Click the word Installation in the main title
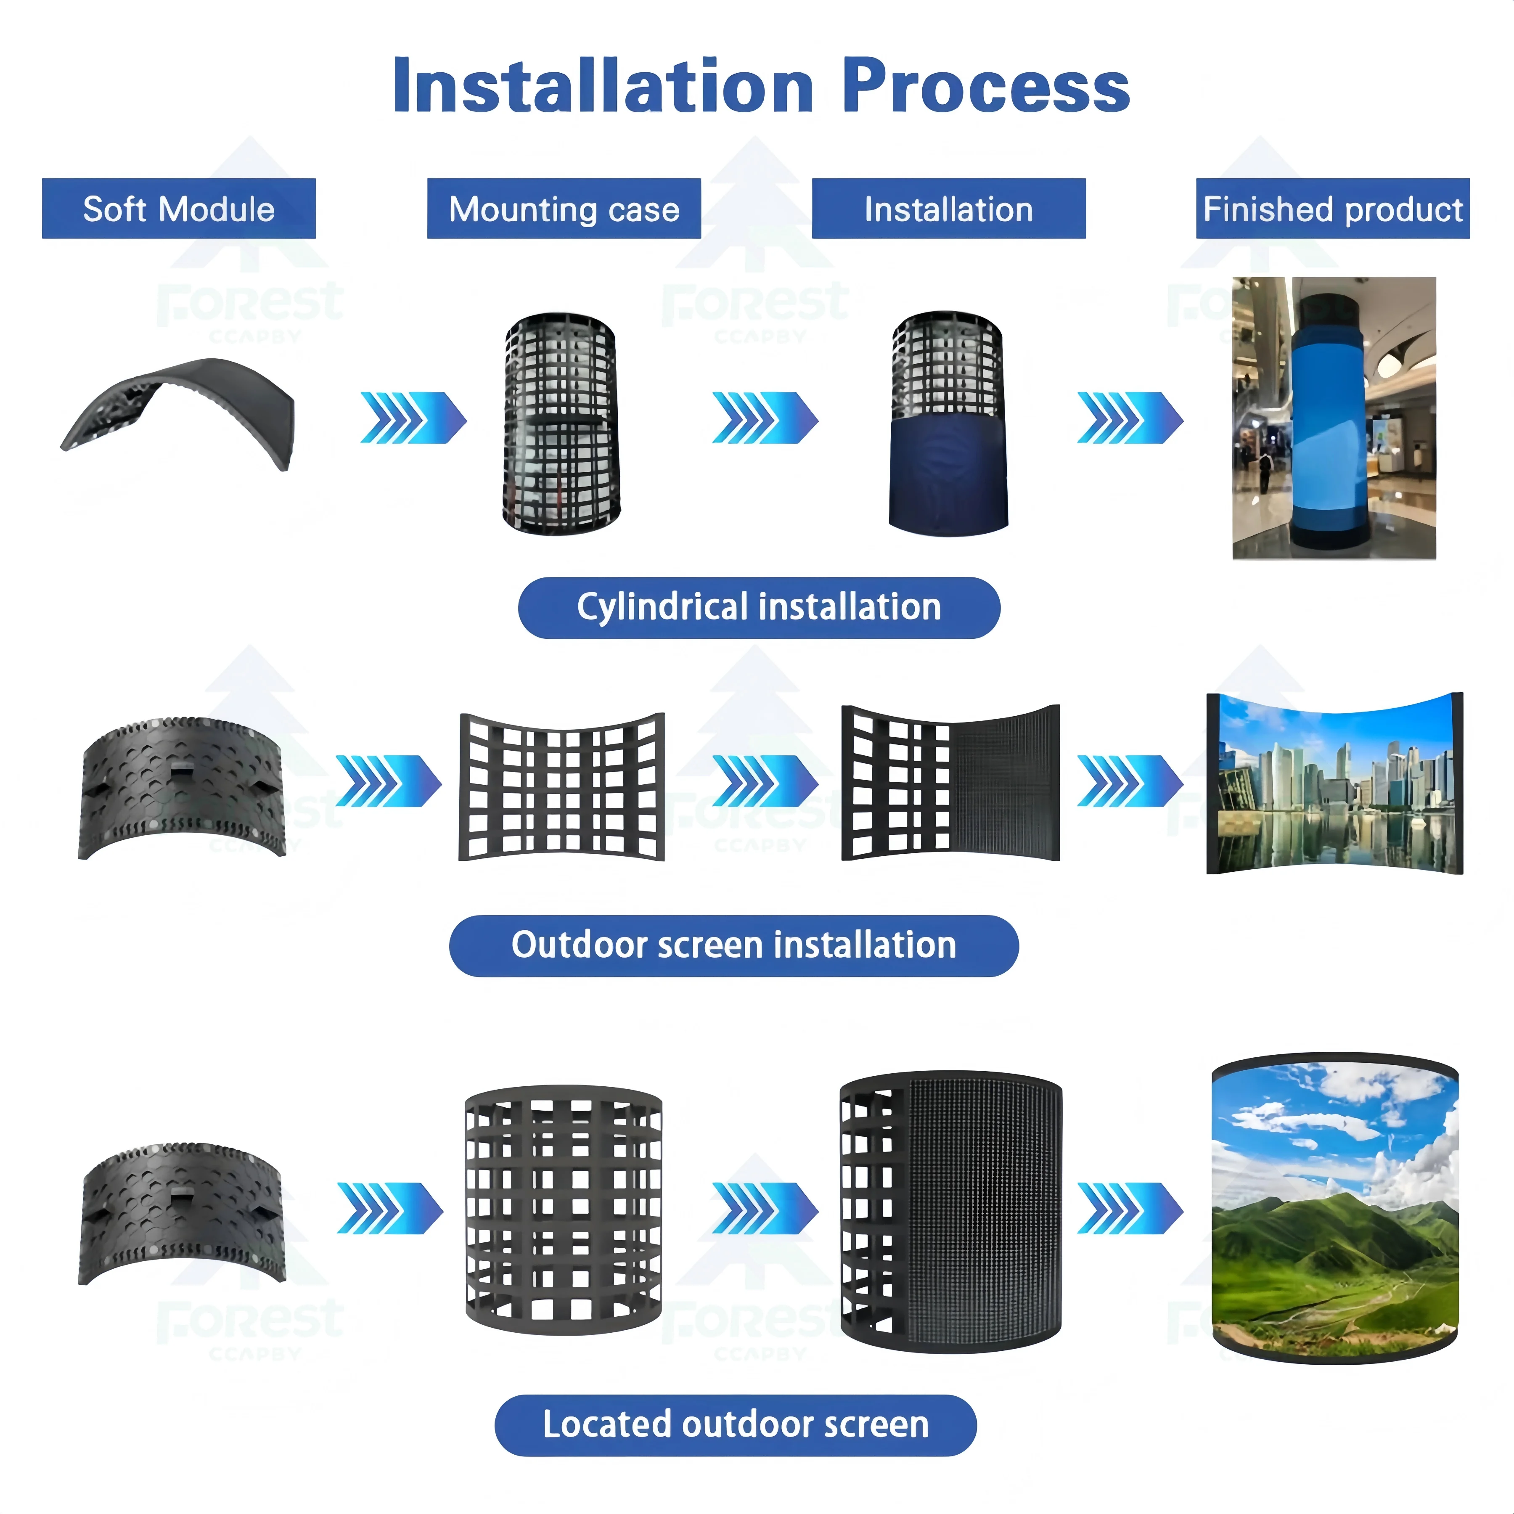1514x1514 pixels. point(603,86)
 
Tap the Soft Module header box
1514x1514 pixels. point(179,209)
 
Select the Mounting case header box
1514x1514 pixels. point(564,209)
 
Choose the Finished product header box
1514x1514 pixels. point(1332,209)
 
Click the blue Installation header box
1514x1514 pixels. point(948,209)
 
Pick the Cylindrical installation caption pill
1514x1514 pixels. point(759,607)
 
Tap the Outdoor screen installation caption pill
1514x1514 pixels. point(733,945)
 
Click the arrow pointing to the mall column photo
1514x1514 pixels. point(1129,418)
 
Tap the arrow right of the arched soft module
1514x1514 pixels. point(413,418)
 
